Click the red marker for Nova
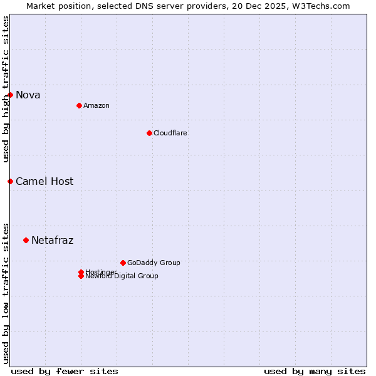11,95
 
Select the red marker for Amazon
79,105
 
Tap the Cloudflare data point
149,133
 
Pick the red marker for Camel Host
11,181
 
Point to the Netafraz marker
26,240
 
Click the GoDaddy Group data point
123,263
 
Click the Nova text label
28,95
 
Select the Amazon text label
97,106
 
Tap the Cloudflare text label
170,133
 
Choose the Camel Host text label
44,182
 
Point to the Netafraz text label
53,241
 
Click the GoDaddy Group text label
154,263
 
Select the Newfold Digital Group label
122,276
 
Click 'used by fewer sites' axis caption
65,372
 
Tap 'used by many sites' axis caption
315,372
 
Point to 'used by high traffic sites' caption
6,89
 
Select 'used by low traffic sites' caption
6,293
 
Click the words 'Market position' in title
55,6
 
